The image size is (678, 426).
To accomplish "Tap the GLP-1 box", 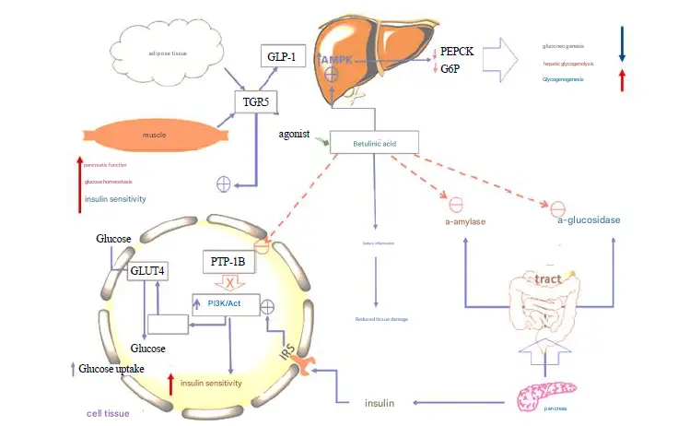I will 279,55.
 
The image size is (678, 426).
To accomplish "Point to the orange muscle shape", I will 152,136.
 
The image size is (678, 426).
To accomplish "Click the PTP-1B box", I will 226,261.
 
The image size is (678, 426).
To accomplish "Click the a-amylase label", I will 465,222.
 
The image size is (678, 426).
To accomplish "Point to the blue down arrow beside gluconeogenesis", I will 622,43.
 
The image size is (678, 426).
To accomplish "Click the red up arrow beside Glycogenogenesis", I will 622,80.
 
